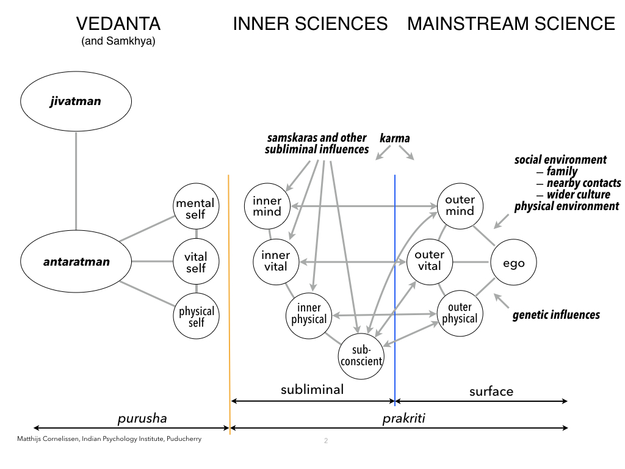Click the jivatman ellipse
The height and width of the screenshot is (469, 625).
[75, 102]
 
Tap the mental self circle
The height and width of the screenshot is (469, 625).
[196, 209]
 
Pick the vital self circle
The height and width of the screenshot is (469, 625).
[196, 262]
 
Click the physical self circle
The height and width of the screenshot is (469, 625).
[196, 316]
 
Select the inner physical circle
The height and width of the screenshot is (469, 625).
[308, 313]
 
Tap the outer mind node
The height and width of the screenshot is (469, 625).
[460, 206]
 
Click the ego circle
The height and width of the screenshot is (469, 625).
[513, 263]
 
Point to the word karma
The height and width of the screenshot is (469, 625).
[394, 139]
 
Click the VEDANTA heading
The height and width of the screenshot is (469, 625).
[118, 24]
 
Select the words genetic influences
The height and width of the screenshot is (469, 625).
[556, 315]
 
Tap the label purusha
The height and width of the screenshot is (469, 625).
[142, 418]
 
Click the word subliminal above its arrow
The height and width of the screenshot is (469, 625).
[312, 389]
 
